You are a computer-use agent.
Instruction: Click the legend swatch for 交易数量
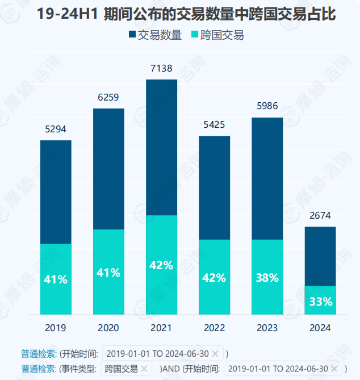pyautogui.click(x=133, y=35)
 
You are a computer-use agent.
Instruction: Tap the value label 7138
pyautogui.click(x=161, y=69)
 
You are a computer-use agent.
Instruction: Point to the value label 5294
pyautogui.click(x=56, y=130)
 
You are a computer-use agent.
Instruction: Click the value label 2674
pyautogui.click(x=320, y=216)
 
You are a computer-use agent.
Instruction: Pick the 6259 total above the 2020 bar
pyautogui.click(x=108, y=98)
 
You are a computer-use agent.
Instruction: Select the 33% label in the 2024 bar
pyautogui.click(x=320, y=302)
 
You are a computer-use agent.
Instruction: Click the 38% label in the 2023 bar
pyautogui.click(x=267, y=278)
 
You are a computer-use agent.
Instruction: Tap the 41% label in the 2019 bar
pyautogui.click(x=56, y=279)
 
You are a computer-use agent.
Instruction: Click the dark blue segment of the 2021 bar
pyautogui.click(x=161, y=148)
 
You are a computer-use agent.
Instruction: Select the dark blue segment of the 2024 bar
pyautogui.click(x=320, y=256)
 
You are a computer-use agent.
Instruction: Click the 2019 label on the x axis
pyautogui.click(x=56, y=328)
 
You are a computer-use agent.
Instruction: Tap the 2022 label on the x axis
pyautogui.click(x=214, y=328)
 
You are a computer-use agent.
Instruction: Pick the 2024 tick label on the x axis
pyautogui.click(x=320, y=328)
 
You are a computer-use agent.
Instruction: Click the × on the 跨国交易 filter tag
pyautogui.click(x=144, y=369)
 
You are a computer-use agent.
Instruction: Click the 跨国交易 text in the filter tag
pyautogui.click(x=122, y=369)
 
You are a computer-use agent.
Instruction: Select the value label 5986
pyautogui.click(x=267, y=107)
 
